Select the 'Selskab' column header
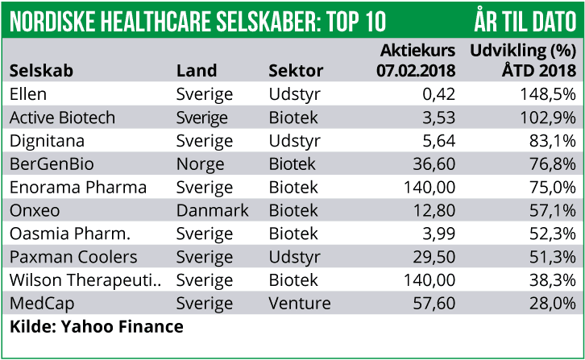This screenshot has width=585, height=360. click(x=41, y=71)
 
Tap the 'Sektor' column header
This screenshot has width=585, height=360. click(x=296, y=71)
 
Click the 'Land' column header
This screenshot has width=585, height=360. click(x=197, y=71)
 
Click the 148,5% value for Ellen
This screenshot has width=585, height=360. click(x=547, y=94)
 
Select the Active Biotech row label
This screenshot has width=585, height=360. click(x=62, y=118)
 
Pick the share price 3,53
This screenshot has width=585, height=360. click(x=438, y=118)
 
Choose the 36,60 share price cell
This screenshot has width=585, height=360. click(x=432, y=164)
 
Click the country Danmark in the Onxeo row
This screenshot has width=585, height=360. click(x=212, y=211)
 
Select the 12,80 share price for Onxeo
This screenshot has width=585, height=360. click(x=432, y=211)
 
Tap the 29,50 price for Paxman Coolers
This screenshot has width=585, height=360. click(x=432, y=258)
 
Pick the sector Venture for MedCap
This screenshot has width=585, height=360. click(x=299, y=304)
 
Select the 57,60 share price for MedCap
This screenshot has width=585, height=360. click(x=432, y=304)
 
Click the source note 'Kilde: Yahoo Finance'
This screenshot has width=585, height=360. click(x=96, y=327)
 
